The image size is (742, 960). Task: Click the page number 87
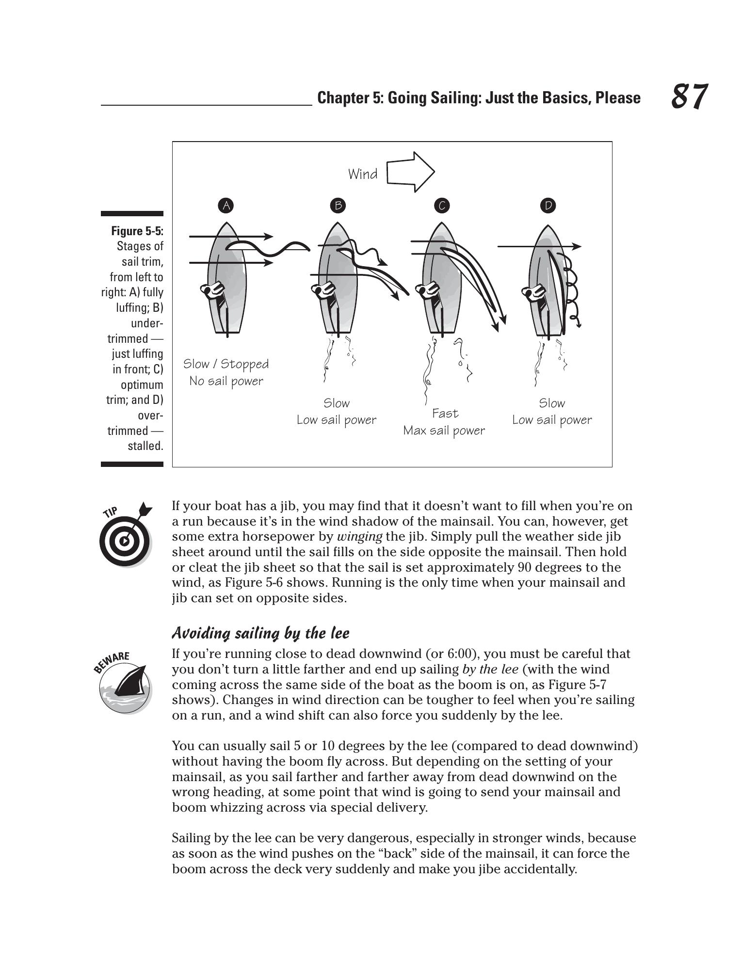(x=689, y=96)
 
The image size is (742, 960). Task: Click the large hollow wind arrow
(x=410, y=172)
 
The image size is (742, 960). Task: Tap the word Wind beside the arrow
(x=363, y=174)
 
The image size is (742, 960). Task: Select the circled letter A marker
(x=226, y=206)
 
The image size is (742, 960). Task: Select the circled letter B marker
(x=338, y=206)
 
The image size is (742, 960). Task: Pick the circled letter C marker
(x=442, y=206)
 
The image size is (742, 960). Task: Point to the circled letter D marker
(x=548, y=206)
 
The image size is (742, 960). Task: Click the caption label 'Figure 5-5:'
(x=137, y=230)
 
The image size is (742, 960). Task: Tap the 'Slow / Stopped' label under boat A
(x=226, y=364)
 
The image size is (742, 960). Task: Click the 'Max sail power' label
(x=444, y=431)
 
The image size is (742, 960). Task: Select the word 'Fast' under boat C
(x=445, y=414)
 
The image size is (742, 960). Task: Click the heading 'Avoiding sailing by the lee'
(x=260, y=633)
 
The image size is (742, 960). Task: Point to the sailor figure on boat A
(x=212, y=291)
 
